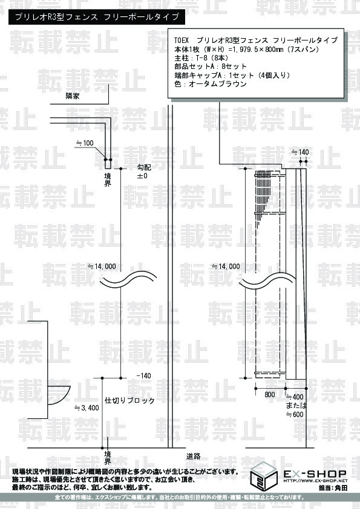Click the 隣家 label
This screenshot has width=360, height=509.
[72, 96]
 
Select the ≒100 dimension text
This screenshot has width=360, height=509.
[85, 143]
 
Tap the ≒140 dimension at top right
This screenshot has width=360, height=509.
[300, 152]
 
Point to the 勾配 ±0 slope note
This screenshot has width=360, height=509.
[143, 172]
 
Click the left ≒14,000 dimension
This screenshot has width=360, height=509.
[102, 267]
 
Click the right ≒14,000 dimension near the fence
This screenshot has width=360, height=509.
[226, 267]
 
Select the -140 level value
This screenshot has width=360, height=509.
[143, 375]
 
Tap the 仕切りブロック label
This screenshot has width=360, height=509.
[129, 401]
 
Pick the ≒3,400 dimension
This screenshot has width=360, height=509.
[87, 407]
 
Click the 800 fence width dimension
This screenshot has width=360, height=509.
[270, 394]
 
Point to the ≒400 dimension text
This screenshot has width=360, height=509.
[295, 397]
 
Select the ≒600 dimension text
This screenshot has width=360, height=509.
[295, 414]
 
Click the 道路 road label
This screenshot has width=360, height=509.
[194, 456]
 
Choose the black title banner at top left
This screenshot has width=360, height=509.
[97, 17]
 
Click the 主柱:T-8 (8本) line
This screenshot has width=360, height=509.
[201, 58]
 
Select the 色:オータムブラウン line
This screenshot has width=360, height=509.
[211, 84]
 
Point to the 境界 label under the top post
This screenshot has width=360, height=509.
[108, 180]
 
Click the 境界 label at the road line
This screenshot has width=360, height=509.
[108, 458]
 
